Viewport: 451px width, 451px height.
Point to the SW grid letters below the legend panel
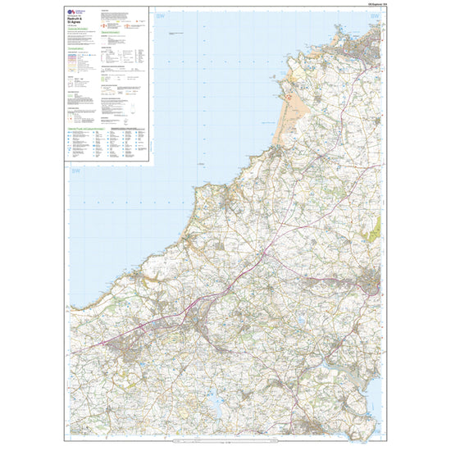click(x=76, y=171)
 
